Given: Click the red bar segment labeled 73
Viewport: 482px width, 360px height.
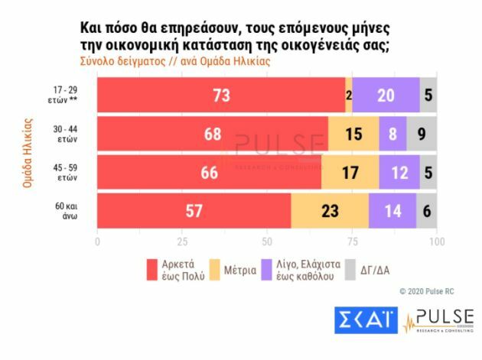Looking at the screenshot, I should coord(221,95).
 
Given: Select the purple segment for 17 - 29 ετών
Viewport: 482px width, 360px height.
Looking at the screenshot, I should coord(386,95).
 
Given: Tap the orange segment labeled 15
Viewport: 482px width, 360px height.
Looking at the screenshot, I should coord(353,134).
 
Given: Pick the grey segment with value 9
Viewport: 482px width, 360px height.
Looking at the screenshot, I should coord(422,134).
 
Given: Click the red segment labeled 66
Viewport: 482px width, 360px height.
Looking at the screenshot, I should coord(209,173).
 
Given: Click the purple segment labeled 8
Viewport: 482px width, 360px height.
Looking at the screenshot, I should coord(392,134).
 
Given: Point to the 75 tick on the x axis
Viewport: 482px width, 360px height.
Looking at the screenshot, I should coord(352,242).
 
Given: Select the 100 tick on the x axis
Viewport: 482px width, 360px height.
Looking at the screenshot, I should coord(436,242).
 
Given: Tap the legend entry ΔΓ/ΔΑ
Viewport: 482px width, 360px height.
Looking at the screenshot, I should coord(373,270).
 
